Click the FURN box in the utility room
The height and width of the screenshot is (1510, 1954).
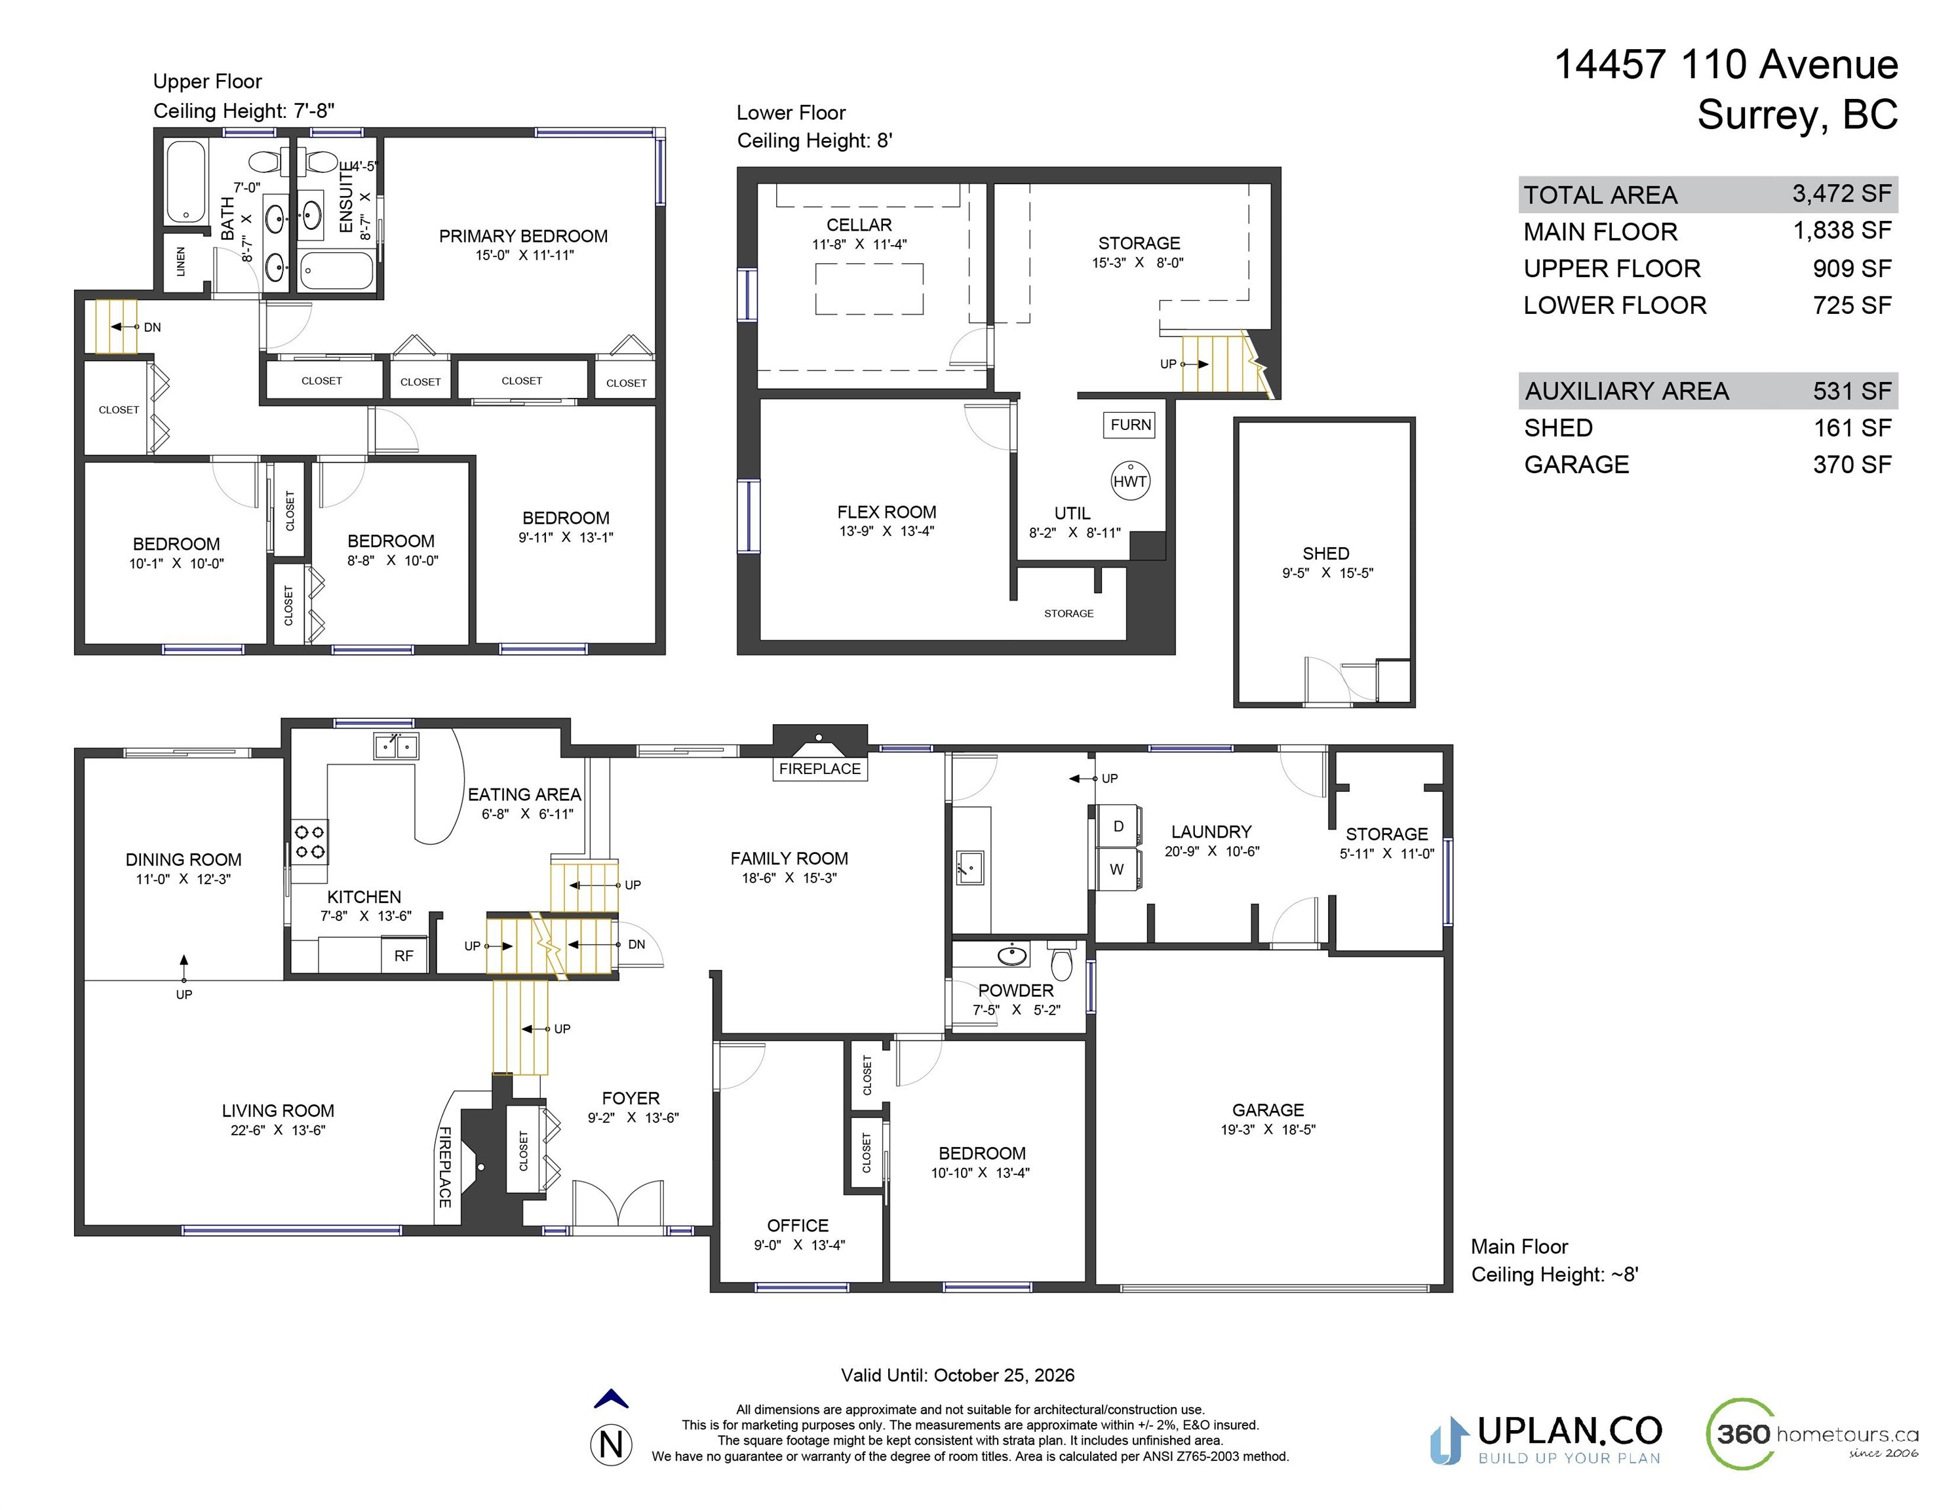(x=1130, y=425)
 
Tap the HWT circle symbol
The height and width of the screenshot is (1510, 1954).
(x=1130, y=481)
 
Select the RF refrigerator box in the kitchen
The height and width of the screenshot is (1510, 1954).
(x=404, y=956)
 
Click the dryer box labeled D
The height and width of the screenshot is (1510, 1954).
(x=1118, y=826)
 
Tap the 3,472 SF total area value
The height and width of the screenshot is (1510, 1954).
(x=1841, y=193)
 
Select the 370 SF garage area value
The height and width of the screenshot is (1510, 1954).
(x=1851, y=464)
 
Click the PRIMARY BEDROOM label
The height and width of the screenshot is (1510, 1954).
(x=523, y=236)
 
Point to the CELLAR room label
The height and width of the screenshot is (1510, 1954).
(x=859, y=225)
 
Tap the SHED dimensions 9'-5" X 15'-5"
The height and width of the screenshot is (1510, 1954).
(x=1327, y=573)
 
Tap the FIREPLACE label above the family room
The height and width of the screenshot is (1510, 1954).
(x=819, y=768)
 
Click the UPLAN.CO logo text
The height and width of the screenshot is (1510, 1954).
(x=1569, y=1431)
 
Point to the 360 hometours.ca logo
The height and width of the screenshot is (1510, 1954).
(x=1812, y=1434)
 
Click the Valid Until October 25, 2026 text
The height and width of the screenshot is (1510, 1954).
(x=957, y=1375)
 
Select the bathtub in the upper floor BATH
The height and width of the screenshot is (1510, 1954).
(x=186, y=182)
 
